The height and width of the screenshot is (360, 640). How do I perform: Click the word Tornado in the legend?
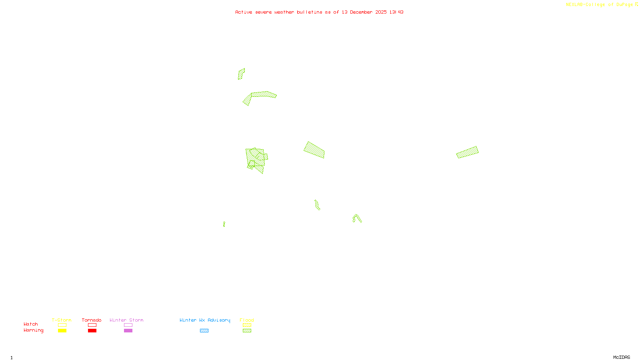(x=92, y=320)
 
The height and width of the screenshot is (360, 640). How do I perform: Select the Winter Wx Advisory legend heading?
(x=205, y=320)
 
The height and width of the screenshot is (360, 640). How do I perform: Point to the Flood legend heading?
(x=247, y=320)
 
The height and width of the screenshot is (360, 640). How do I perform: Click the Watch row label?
(x=31, y=324)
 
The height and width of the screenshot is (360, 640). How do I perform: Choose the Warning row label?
(x=34, y=330)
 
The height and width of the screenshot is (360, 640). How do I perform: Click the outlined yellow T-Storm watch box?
(x=62, y=325)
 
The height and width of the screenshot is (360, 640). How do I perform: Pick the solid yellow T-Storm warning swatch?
(x=62, y=331)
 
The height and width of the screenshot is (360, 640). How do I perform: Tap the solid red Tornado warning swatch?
(x=92, y=331)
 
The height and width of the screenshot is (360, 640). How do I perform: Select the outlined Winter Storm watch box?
(x=128, y=325)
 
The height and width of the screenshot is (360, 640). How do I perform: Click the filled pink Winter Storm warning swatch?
(x=128, y=331)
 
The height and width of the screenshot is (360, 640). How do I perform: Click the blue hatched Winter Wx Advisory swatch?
(x=204, y=331)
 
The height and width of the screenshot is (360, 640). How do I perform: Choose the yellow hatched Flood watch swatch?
(x=247, y=325)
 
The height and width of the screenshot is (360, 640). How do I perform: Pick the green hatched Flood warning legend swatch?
(x=247, y=331)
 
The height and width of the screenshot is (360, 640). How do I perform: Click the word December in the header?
(x=361, y=12)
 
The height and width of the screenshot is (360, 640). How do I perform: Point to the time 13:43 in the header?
(x=396, y=12)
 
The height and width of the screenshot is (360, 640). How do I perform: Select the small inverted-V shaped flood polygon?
(x=357, y=217)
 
